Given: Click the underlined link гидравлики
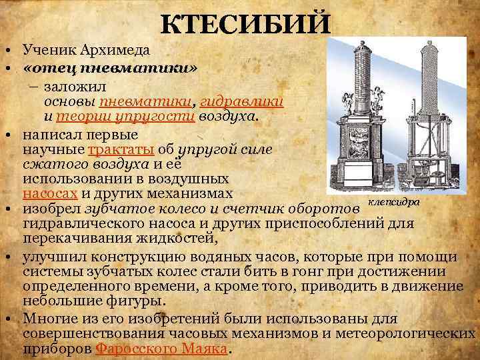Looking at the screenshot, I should [243, 101].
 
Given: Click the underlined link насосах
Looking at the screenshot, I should [50, 195].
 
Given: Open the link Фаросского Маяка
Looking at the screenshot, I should [161, 349].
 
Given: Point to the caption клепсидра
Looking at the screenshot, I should [393, 203].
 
